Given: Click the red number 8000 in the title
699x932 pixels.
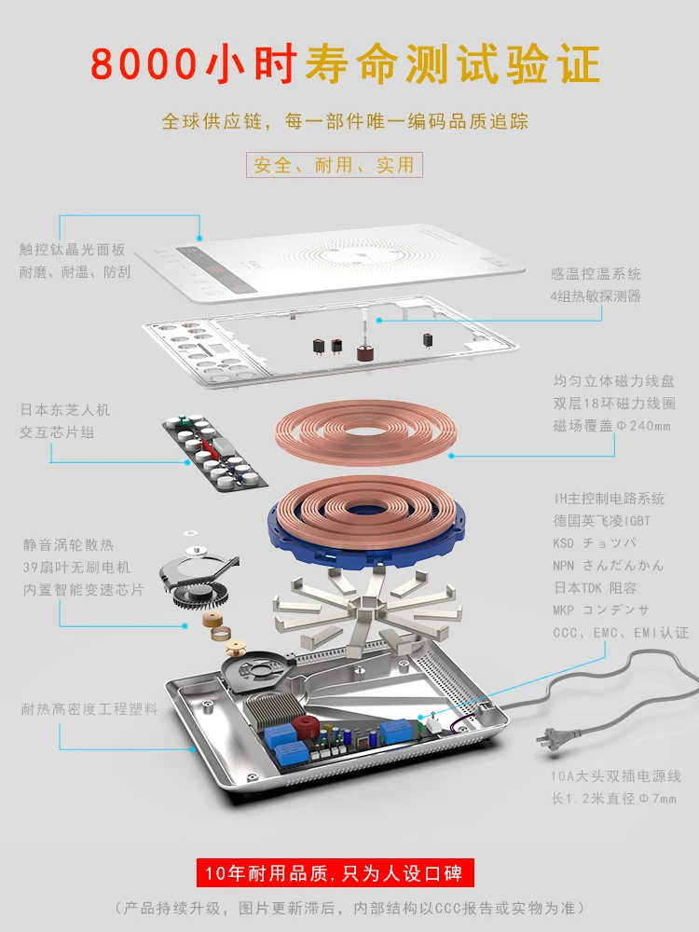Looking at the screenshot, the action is (x=144, y=63).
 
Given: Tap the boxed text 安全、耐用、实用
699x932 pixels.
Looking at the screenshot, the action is (x=334, y=165).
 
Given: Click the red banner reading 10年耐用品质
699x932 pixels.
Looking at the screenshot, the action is (x=336, y=872).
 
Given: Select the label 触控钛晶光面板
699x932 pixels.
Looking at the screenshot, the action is (x=72, y=250).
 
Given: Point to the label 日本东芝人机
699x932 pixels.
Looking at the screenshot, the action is (x=65, y=409).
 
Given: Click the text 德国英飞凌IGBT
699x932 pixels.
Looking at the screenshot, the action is (x=601, y=521).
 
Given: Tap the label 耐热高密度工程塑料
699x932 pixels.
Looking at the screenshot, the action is (x=89, y=709).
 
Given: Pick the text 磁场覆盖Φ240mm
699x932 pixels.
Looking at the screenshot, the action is (x=611, y=426).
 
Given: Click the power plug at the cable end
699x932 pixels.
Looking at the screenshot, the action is (x=550, y=738).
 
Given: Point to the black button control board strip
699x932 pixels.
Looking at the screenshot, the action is (x=214, y=451).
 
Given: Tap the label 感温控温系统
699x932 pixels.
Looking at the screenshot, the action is (x=596, y=273).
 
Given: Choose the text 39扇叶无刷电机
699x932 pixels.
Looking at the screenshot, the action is (x=76, y=567).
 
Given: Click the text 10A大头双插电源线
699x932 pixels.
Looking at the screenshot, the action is (x=615, y=775).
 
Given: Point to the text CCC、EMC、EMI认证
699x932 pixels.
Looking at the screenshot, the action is (x=621, y=633).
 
